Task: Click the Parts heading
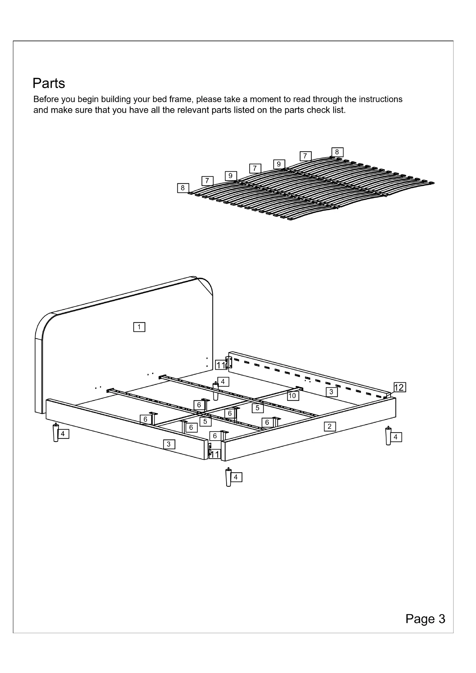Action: pyautogui.click(x=49, y=84)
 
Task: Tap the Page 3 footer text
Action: pyautogui.click(x=425, y=619)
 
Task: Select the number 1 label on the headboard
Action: pyautogui.click(x=139, y=327)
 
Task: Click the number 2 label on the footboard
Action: pyautogui.click(x=330, y=427)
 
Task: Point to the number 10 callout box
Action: pyautogui.click(x=293, y=396)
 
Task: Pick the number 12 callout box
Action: pyautogui.click(x=399, y=388)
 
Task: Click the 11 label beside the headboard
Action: pyautogui.click(x=221, y=365)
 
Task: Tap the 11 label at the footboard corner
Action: pyautogui.click(x=215, y=454)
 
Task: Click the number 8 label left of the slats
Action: pyautogui.click(x=183, y=188)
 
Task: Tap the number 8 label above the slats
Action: pyautogui.click(x=337, y=152)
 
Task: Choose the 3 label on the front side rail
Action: pyautogui.click(x=169, y=444)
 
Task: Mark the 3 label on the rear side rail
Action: pyautogui.click(x=332, y=392)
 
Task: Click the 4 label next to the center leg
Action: pyautogui.click(x=223, y=382)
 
